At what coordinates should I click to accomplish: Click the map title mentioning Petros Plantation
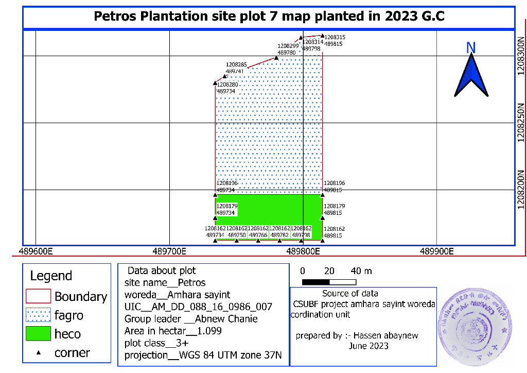point(269,16)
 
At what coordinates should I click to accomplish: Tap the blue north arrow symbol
point(471,76)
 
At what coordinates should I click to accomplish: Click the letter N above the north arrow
point(470,47)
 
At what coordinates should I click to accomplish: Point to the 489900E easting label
point(436,251)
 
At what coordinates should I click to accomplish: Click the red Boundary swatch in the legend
point(38,296)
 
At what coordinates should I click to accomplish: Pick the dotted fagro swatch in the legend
point(38,315)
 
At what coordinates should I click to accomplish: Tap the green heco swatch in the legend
point(38,333)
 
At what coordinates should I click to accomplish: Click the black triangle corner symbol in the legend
point(38,353)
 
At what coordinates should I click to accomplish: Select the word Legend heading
point(51,276)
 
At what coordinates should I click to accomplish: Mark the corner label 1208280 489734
point(227,88)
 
